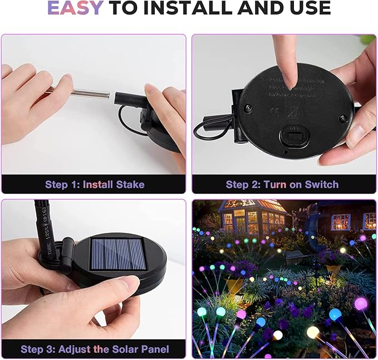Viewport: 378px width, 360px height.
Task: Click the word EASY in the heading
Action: point(75,8)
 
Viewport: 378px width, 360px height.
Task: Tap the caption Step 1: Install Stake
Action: point(95,184)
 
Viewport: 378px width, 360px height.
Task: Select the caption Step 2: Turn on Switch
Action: point(282,184)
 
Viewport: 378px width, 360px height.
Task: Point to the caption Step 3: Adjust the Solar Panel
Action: point(95,349)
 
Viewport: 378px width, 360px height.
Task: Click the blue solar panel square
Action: point(119,255)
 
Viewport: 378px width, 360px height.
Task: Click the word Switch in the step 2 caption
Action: point(322,184)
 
